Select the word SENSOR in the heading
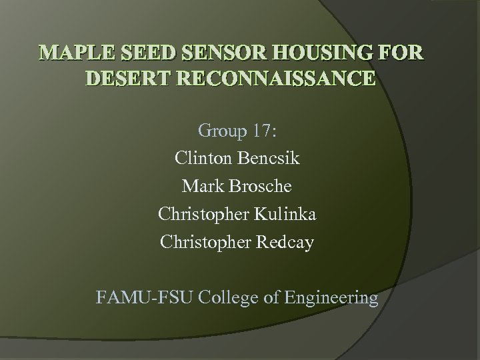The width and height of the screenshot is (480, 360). pyautogui.click(x=219, y=53)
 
